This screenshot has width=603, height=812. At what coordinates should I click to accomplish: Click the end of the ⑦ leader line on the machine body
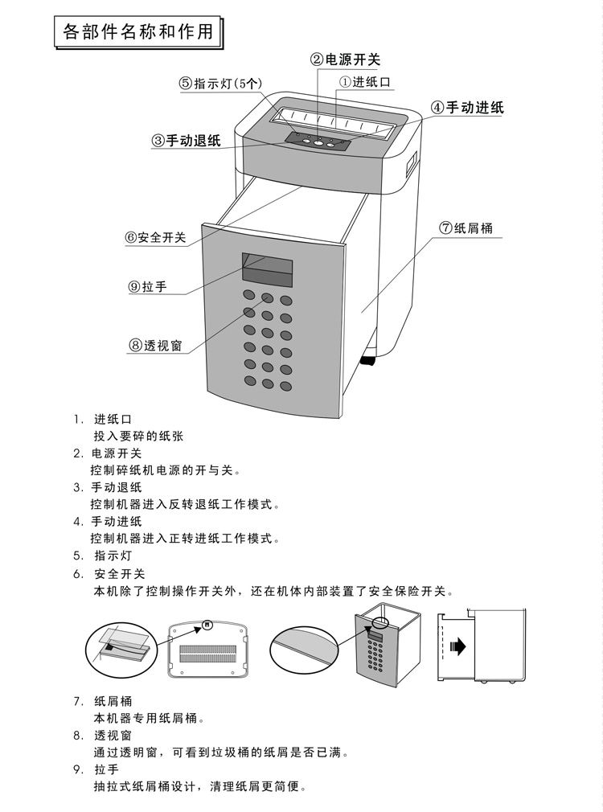(x=362, y=312)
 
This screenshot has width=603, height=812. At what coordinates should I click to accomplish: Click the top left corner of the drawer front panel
(x=202, y=224)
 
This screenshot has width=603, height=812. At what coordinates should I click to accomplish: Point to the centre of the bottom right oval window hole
(x=286, y=387)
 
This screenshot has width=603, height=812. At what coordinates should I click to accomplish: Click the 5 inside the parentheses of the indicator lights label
(x=241, y=84)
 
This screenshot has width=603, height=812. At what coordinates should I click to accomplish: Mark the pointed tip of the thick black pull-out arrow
(x=466, y=646)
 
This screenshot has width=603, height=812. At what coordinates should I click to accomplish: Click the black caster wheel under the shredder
(x=367, y=360)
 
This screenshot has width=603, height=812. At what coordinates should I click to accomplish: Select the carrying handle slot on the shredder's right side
(x=412, y=162)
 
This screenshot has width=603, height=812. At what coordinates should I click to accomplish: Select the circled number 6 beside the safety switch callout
(x=130, y=238)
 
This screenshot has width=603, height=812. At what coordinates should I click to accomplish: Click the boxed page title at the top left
(x=138, y=32)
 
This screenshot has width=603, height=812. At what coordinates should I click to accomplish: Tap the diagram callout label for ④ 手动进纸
(x=467, y=108)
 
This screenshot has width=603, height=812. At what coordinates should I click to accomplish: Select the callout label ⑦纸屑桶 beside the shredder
(x=466, y=228)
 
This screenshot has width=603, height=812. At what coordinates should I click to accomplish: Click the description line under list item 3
(x=186, y=504)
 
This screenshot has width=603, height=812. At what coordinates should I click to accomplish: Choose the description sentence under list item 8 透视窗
(x=220, y=752)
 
